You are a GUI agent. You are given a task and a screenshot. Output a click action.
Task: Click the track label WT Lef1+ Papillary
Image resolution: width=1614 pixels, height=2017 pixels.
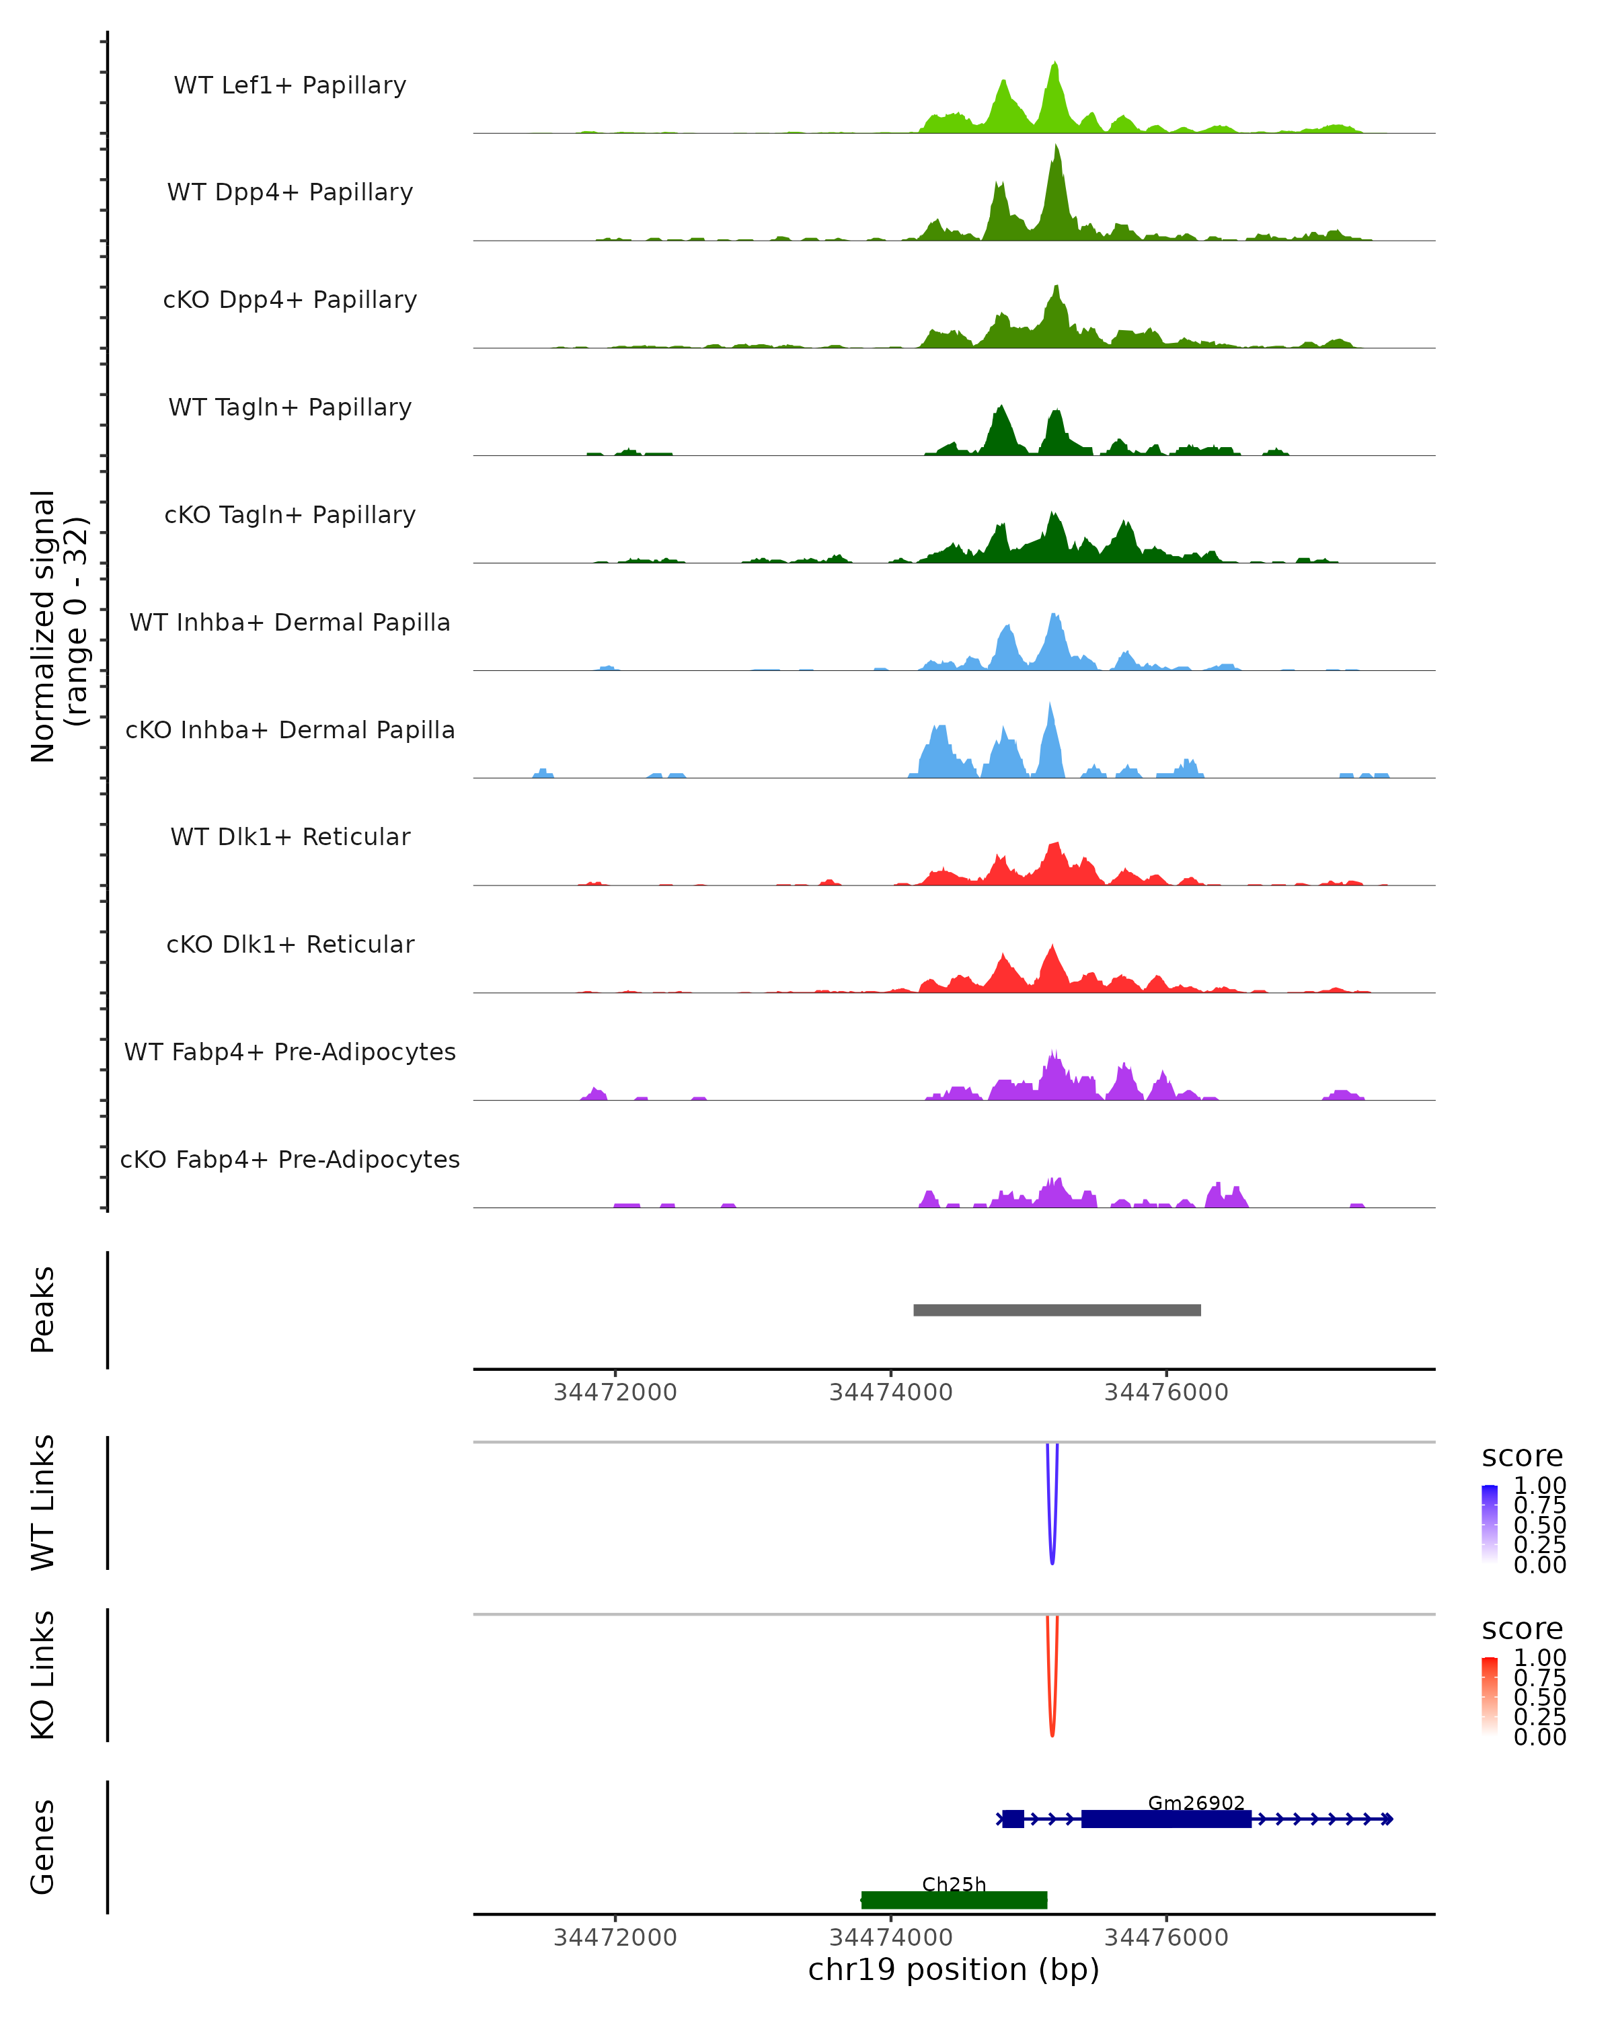pos(290,85)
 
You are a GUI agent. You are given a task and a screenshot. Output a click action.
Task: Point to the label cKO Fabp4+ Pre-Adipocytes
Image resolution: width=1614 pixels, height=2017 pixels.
pos(290,1159)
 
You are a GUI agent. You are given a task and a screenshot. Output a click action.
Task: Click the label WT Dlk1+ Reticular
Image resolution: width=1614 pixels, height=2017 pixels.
pos(290,836)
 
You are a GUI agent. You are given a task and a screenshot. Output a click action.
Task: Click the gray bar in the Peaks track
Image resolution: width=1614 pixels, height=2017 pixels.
pos(1056,1310)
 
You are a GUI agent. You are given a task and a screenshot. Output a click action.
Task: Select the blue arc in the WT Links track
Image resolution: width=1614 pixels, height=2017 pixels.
pos(1052,1534)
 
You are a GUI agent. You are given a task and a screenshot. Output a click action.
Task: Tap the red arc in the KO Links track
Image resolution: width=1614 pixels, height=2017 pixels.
pos(1052,1706)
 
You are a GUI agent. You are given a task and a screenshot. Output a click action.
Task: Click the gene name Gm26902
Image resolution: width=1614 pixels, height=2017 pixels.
pos(1196,1803)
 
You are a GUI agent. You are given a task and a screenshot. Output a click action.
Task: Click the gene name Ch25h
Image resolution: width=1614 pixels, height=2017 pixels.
pos(954,1884)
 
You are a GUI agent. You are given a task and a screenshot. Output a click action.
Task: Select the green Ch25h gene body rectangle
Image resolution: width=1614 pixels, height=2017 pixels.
pos(954,1900)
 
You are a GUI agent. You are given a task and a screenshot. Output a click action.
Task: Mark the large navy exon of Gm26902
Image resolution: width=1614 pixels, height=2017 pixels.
pos(1166,1819)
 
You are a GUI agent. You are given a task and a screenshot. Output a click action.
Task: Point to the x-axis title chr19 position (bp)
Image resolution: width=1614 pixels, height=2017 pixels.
pos(954,1969)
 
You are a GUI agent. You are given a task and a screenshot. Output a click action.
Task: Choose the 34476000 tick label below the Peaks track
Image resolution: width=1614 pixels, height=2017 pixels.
pos(1166,1392)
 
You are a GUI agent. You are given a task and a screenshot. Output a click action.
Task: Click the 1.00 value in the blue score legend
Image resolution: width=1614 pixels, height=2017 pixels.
pos(1539,1486)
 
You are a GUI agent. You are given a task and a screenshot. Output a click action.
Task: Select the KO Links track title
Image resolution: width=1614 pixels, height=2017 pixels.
pos(43,1675)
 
